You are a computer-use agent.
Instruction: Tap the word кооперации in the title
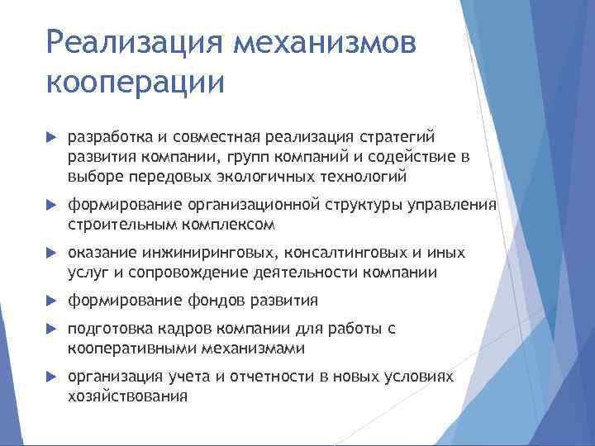(136, 83)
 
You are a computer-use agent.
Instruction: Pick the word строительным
(115, 224)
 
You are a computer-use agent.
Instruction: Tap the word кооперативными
(126, 349)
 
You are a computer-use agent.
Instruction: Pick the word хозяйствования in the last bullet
(128, 396)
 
